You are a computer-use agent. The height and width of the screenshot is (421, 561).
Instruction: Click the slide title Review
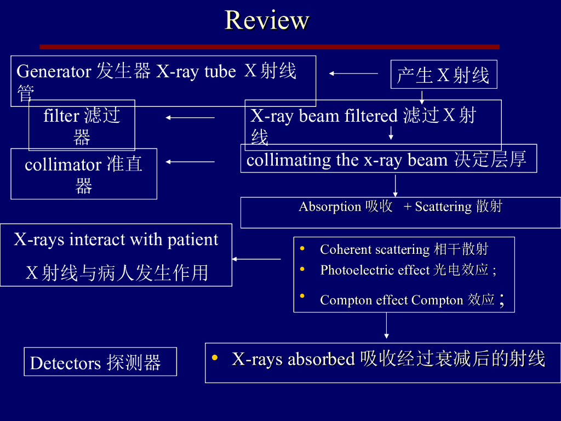pyautogui.click(x=267, y=20)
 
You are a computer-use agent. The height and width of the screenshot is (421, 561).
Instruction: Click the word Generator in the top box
pyautogui.click(x=54, y=71)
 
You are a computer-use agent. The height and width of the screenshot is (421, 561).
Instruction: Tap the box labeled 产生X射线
pyautogui.click(x=443, y=75)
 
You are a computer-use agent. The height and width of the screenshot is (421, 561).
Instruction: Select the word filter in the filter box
pyautogui.click(x=61, y=116)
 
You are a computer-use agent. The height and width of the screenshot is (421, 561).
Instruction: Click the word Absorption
pyautogui.click(x=330, y=207)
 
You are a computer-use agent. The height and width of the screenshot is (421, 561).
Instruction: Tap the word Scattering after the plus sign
pyautogui.click(x=443, y=207)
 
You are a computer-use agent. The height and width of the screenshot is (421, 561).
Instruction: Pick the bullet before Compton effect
pyautogui.click(x=302, y=296)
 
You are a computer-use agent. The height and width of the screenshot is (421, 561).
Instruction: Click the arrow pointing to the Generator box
pyautogui.click(x=353, y=73)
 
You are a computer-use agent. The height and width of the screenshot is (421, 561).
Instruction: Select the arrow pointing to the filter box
pyautogui.click(x=190, y=117)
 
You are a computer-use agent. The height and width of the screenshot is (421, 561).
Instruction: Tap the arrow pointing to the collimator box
pyautogui.click(x=190, y=161)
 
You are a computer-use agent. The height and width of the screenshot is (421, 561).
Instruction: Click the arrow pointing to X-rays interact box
pyautogui.click(x=256, y=259)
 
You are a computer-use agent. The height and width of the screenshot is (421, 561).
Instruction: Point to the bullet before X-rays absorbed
pyautogui.click(x=215, y=358)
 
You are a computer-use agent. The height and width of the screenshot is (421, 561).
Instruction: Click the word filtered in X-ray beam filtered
pyautogui.click(x=371, y=116)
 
